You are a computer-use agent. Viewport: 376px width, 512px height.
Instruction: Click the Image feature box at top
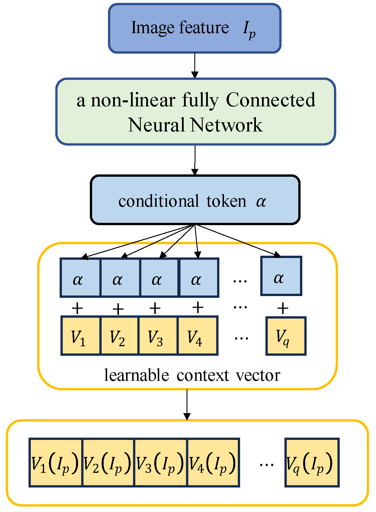pyautogui.click(x=195, y=28)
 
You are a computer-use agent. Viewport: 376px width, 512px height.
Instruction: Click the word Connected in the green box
pyautogui.click(x=270, y=100)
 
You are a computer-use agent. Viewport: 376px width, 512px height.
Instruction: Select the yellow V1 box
pyautogui.click(x=80, y=336)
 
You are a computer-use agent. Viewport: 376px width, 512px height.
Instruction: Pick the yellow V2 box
pyautogui.click(x=119, y=336)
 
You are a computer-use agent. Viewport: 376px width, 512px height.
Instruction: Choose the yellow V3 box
pyautogui.click(x=157, y=336)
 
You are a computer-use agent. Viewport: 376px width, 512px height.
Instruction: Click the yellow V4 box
pyautogui.click(x=197, y=336)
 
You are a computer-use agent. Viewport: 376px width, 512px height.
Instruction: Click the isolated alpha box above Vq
pyautogui.click(x=281, y=276)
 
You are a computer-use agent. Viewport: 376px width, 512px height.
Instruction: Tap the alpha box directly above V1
pyautogui.click(x=80, y=278)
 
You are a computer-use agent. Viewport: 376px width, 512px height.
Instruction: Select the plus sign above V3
pyautogui.click(x=155, y=308)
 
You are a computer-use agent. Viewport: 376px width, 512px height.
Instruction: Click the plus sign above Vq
pyautogui.click(x=283, y=308)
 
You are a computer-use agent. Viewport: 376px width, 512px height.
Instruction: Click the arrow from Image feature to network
pyautogui.click(x=195, y=66)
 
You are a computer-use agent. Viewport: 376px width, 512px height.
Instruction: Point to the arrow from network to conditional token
pyautogui.click(x=195, y=160)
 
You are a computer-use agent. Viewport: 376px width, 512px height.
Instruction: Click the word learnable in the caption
pyautogui.click(x=136, y=375)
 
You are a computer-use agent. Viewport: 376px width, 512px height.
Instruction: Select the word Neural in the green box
pyautogui.click(x=156, y=125)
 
